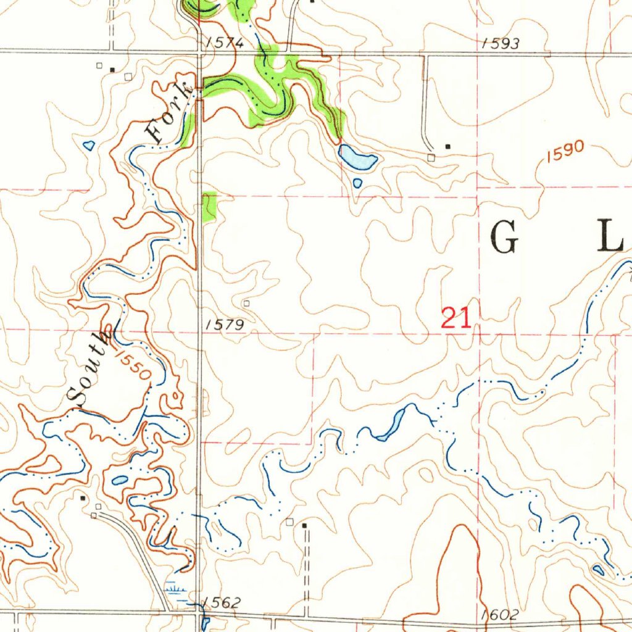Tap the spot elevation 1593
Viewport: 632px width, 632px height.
tap(501, 43)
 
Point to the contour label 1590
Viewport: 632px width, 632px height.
tap(563, 151)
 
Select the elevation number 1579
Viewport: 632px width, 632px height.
tap(225, 325)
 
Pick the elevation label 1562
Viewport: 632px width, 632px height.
tap(221, 603)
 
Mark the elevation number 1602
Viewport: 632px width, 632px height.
tap(501, 615)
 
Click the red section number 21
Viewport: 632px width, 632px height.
tap(456, 318)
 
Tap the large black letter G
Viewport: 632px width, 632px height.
tap(504, 238)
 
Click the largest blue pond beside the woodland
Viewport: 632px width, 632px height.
tap(357, 159)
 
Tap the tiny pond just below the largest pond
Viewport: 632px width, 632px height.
tap(357, 183)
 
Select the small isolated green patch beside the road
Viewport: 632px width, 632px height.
tap(210, 206)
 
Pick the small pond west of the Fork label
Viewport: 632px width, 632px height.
tap(88, 146)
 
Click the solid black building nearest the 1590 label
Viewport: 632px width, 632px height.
tap(448, 146)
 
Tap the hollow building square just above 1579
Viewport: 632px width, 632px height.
tap(246, 304)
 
